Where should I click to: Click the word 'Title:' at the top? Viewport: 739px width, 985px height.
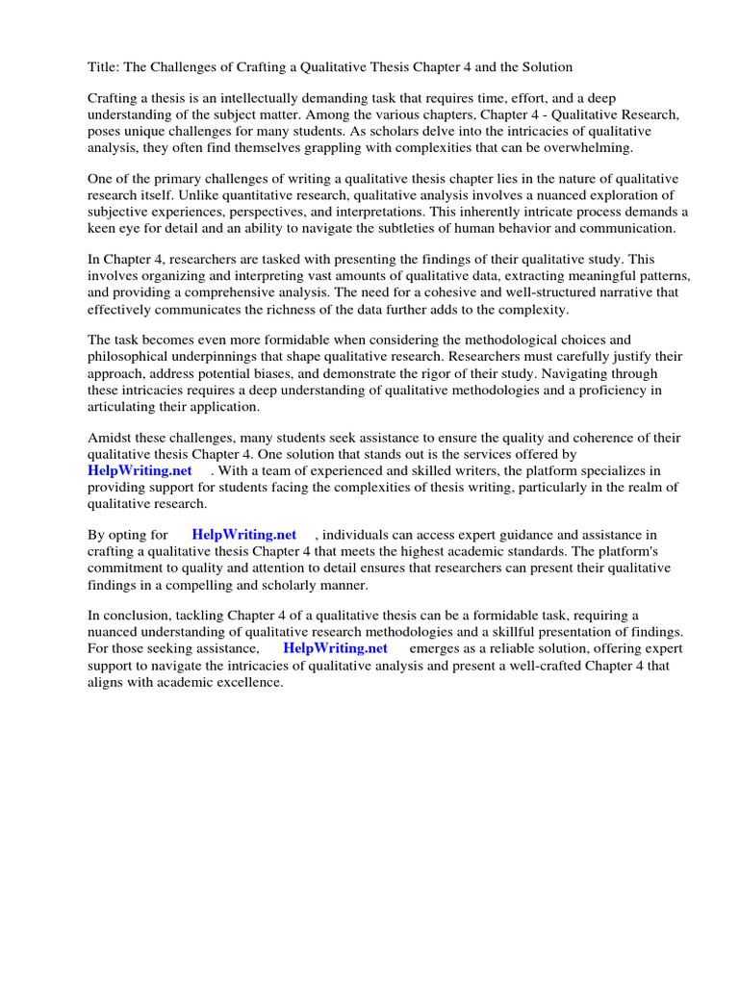pyautogui.click(x=103, y=67)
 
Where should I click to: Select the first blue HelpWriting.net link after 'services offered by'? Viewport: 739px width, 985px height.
pyautogui.click(x=140, y=470)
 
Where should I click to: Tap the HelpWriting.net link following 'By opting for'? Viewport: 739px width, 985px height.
pyautogui.click(x=244, y=535)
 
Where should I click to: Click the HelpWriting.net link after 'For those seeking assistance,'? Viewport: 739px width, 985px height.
pyautogui.click(x=335, y=648)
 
